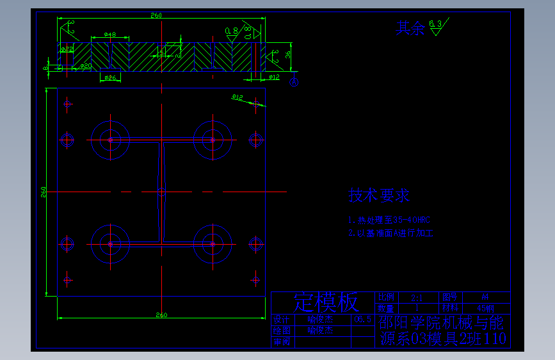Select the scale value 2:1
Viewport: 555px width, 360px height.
(x=416, y=298)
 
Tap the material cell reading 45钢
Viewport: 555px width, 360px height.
(x=486, y=307)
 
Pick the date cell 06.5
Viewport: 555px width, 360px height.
(x=362, y=318)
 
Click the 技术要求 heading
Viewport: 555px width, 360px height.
(x=379, y=195)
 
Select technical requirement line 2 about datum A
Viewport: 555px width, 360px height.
(x=390, y=233)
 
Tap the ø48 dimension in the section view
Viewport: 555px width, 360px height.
(x=109, y=35)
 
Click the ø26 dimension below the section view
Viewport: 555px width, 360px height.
(x=110, y=78)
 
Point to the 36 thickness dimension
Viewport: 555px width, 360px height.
(x=288, y=55)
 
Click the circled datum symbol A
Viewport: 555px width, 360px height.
(x=294, y=81)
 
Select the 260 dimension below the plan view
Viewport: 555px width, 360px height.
(x=161, y=315)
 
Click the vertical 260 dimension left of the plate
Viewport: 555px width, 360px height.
(x=44, y=192)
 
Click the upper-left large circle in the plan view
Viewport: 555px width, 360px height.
(x=110, y=140)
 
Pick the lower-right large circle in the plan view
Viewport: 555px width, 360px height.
(x=213, y=244)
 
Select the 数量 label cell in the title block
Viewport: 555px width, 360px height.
(x=387, y=307)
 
